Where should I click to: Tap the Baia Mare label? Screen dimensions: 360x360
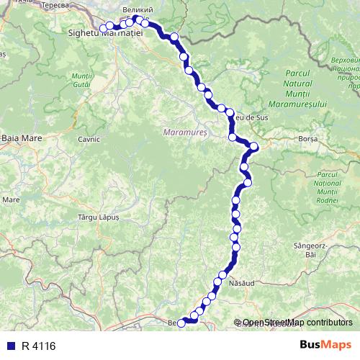point(17,136)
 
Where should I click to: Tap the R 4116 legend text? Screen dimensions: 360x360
point(38,346)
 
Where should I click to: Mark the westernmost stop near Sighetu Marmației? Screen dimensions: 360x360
point(103,28)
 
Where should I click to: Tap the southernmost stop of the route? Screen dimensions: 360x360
point(181,323)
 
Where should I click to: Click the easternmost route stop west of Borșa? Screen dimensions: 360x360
point(253,148)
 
